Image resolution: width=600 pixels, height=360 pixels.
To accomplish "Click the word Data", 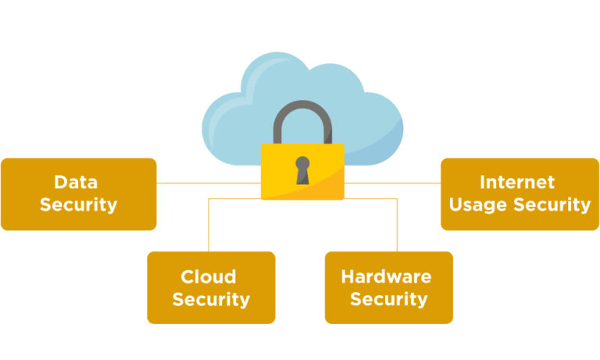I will (76, 183).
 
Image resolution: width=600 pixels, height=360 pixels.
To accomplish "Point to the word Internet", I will (517, 183).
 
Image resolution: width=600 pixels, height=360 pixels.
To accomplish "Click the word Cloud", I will (209, 276).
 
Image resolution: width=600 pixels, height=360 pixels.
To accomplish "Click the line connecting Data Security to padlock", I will (207, 184).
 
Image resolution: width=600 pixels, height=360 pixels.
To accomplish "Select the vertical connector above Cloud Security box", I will (209, 226).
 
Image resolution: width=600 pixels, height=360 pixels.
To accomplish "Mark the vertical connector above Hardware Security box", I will (397, 226).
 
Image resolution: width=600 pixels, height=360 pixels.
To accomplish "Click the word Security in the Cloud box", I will (211, 299).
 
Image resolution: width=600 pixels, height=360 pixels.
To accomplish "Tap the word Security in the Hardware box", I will (388, 299).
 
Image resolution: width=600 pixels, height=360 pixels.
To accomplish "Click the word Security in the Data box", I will (78, 205).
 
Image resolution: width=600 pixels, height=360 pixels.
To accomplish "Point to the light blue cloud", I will (234, 117).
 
